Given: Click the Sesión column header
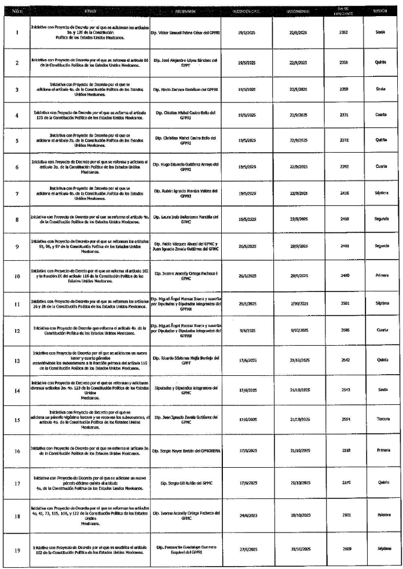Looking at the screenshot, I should (380, 11).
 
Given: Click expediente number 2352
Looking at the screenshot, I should (344, 32).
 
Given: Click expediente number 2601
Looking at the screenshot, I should (344, 513).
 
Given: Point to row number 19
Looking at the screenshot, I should (17, 550).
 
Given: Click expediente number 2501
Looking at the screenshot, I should (344, 302).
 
